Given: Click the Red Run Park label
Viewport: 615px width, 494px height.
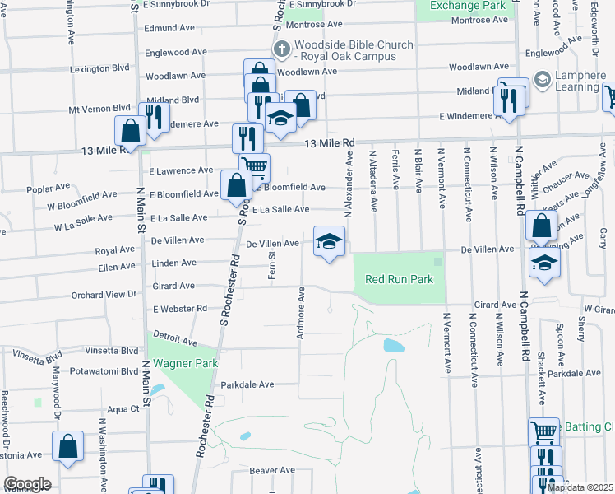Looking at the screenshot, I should click(399, 280).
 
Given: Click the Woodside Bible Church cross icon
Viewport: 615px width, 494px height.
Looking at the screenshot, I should click(282, 49).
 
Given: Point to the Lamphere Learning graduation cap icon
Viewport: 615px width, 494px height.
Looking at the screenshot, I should click(542, 80).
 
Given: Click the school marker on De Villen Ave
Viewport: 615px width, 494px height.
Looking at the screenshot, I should click(329, 241).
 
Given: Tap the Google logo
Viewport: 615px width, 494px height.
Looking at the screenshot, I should click(27, 484).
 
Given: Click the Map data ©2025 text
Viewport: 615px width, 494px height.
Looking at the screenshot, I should click(580, 487).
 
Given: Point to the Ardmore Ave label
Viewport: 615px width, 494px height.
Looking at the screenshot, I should click(302, 314).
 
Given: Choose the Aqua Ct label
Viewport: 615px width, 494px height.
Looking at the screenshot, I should click(123, 408).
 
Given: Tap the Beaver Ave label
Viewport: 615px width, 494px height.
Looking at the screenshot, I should click(272, 470).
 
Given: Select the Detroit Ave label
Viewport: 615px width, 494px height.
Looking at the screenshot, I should click(174, 340).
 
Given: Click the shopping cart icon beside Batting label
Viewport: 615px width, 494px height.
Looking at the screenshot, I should click(543, 432).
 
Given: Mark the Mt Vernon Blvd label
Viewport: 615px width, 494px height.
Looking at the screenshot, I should click(99, 108).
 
